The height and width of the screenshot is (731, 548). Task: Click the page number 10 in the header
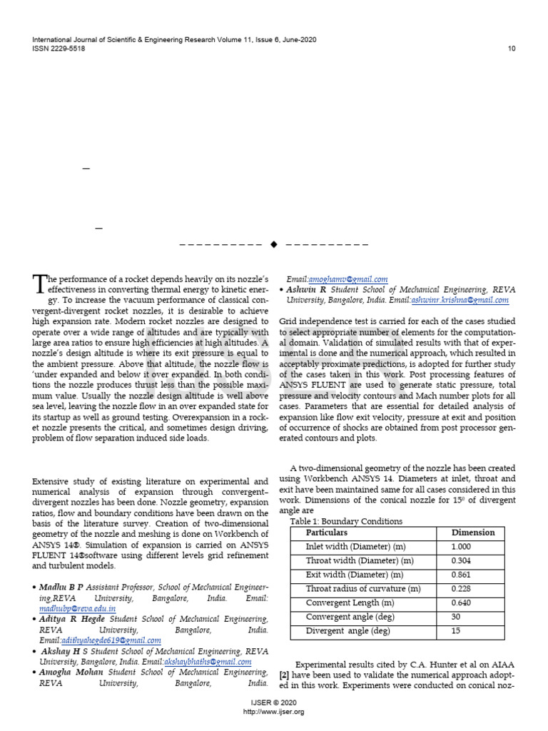coord(511,49)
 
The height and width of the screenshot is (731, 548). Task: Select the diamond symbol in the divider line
coord(273,245)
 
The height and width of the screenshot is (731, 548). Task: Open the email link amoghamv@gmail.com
coord(347,279)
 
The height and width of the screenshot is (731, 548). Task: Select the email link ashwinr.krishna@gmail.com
coord(460,301)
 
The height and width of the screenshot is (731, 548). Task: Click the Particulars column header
coord(326,533)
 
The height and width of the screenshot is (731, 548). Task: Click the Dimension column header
coord(472,533)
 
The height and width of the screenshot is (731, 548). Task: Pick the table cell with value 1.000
coord(462,546)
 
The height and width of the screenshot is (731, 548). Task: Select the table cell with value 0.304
coord(462,560)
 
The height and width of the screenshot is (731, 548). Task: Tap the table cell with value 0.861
coord(462,575)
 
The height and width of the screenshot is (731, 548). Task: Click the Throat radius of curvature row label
coord(362,589)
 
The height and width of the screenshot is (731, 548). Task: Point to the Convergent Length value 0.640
coord(462,603)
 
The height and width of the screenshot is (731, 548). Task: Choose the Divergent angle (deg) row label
coord(347,631)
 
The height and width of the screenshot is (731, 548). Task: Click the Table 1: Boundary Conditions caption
coord(346,521)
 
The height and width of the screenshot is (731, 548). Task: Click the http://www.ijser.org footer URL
coord(274,712)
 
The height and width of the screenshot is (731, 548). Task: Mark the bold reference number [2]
coord(283,675)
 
